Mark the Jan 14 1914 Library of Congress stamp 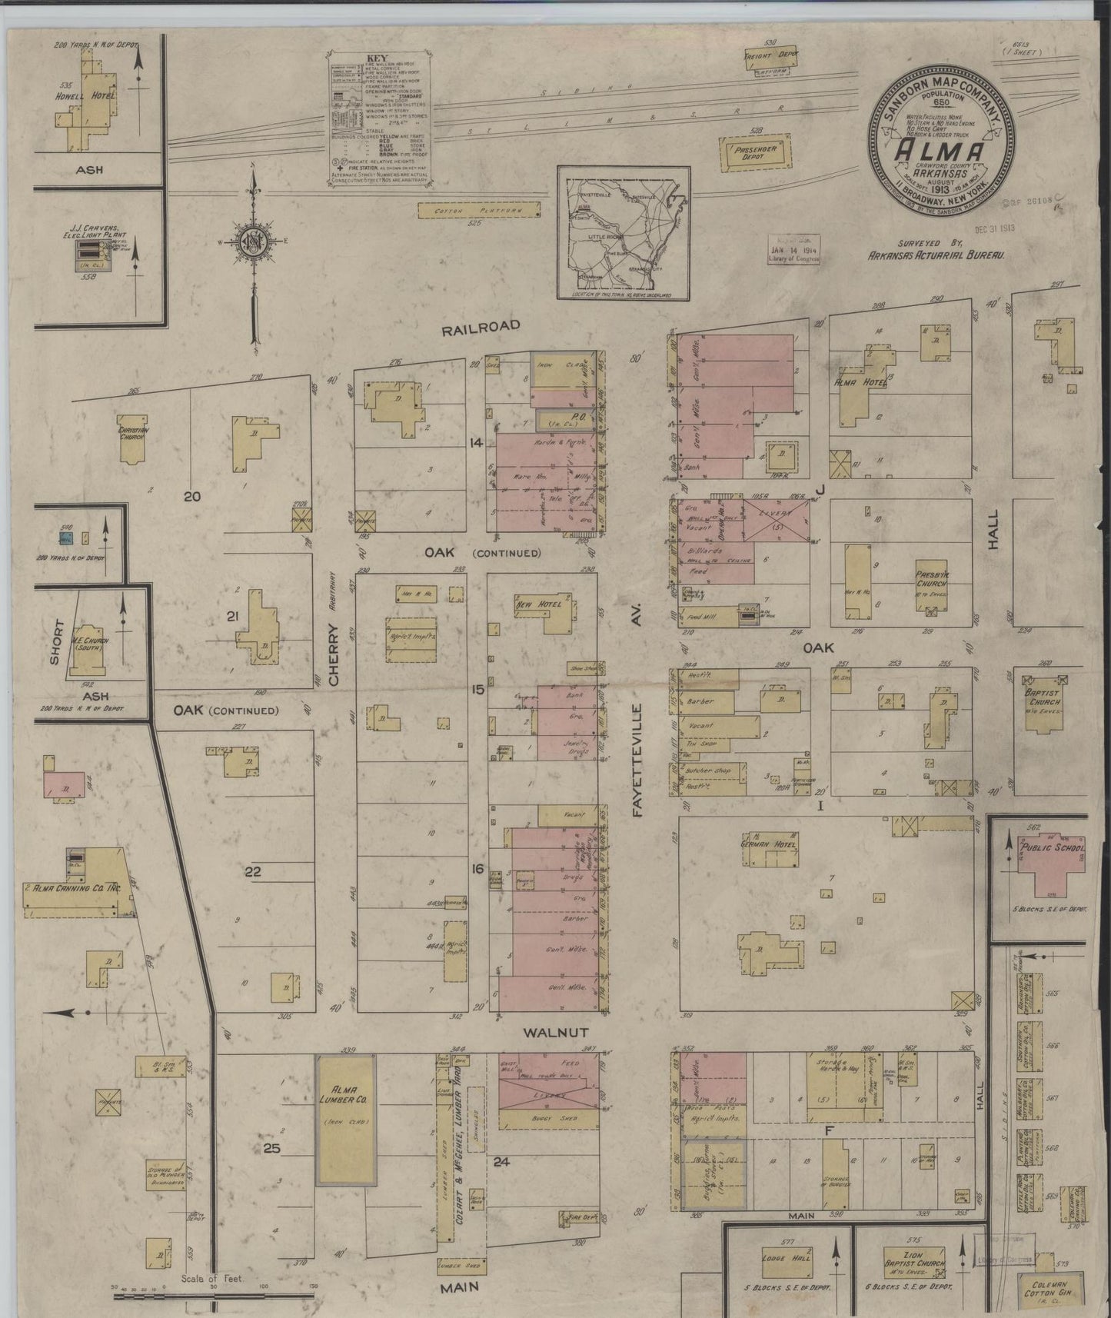(x=794, y=251)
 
